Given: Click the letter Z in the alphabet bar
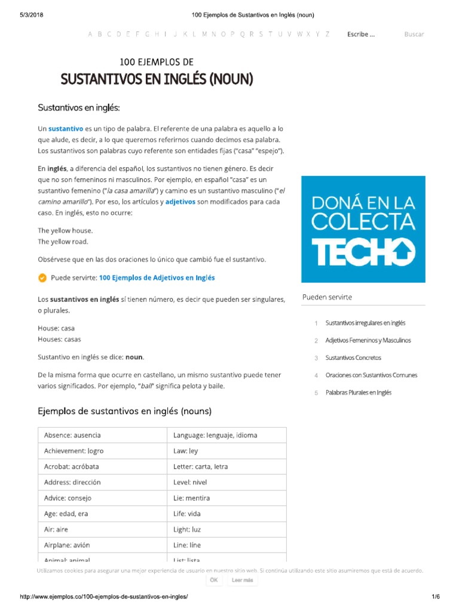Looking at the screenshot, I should tap(327, 34).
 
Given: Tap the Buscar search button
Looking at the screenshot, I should tap(414, 34).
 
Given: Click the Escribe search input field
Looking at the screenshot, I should tap(361, 34).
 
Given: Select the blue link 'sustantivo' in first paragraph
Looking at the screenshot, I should tap(66, 128).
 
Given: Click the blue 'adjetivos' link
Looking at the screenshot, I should tap(180, 202).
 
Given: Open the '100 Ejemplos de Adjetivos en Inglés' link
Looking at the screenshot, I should tap(157, 277).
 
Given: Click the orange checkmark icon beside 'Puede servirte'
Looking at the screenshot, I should tap(42, 277).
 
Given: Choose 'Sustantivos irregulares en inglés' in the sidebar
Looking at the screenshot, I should tap(365, 323).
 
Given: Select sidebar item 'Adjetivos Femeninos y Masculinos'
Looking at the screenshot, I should tap(368, 340).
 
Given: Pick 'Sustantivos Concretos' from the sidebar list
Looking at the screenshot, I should tap(353, 357).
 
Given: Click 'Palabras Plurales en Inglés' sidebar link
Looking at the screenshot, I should tap(359, 393).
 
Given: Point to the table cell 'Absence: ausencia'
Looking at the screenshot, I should tap(102, 435).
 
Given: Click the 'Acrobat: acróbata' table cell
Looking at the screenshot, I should tap(102, 467).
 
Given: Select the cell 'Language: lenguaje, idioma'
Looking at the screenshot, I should tap(226, 435).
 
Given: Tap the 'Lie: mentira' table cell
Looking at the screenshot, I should tap(226, 498).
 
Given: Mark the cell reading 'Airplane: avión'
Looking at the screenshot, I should tap(102, 545).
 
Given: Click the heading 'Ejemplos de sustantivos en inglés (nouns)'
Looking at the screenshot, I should tap(124, 411).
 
